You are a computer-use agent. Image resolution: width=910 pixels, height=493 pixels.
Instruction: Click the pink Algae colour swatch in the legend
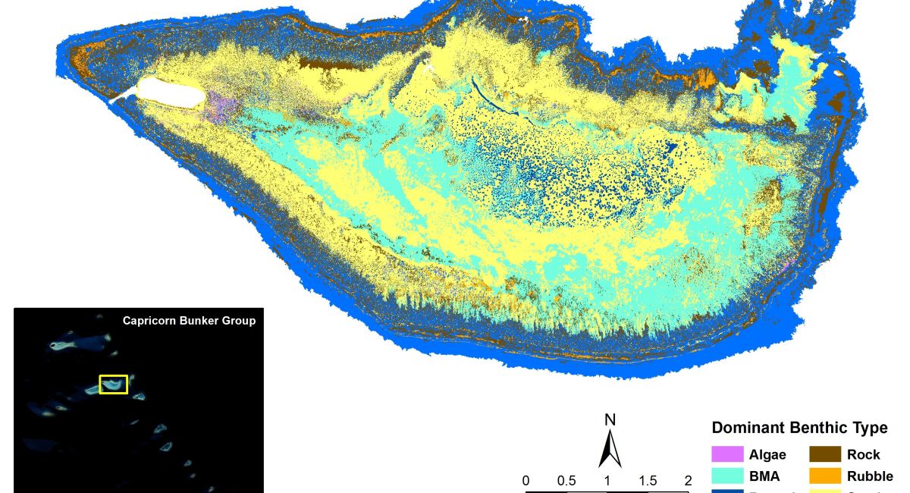tap(726, 455)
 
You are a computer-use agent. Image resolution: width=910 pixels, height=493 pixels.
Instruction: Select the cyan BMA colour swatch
tap(726, 476)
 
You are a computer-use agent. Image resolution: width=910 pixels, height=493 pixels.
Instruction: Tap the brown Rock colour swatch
tap(824, 455)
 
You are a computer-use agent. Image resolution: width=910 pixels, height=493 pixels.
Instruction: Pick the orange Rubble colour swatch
tap(824, 476)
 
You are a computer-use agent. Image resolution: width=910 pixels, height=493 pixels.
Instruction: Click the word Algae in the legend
tap(767, 455)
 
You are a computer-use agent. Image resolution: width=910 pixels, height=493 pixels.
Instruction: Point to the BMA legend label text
tap(764, 477)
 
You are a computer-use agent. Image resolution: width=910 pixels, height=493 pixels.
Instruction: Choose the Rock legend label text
tap(863, 455)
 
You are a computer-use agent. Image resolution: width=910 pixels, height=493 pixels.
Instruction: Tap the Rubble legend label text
tap(869, 477)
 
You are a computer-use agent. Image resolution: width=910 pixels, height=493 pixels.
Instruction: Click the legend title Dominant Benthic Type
tap(799, 429)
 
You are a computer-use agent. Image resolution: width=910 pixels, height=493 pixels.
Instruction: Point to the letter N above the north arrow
tap(610, 420)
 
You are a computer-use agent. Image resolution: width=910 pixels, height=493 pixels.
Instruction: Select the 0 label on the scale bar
tap(526, 481)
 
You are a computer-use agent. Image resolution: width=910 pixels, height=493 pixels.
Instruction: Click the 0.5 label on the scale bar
tap(566, 481)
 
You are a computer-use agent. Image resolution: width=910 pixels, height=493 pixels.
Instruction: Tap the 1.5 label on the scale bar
tap(648, 481)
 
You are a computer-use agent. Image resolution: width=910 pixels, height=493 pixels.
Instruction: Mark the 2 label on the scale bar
tap(688, 481)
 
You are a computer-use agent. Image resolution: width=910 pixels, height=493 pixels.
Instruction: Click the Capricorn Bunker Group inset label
tap(189, 321)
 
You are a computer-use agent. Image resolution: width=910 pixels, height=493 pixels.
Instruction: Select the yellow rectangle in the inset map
tap(114, 385)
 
